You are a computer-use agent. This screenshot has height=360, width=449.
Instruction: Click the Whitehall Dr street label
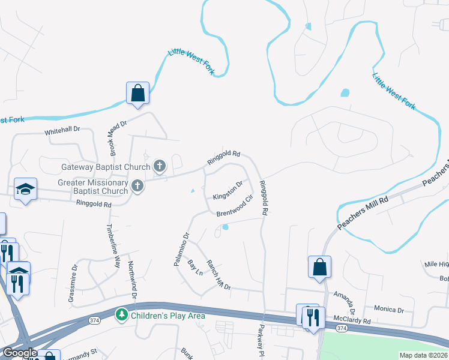[x=62, y=130]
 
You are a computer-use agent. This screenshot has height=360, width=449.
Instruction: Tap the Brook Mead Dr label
[x=118, y=137]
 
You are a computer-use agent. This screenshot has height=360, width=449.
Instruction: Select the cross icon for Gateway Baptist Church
[x=160, y=166]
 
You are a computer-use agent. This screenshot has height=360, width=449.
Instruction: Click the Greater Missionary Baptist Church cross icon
[x=137, y=186]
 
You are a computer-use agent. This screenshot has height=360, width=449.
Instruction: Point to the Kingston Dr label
[x=228, y=191]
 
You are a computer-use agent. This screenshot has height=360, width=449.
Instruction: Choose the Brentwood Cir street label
[x=235, y=205]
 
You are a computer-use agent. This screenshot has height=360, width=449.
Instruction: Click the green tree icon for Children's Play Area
[x=122, y=314]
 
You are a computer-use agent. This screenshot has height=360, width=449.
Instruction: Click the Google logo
[x=19, y=353]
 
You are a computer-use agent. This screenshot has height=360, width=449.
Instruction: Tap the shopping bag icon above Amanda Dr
[x=320, y=268]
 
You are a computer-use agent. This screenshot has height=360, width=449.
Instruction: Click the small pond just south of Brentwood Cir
[x=225, y=227]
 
